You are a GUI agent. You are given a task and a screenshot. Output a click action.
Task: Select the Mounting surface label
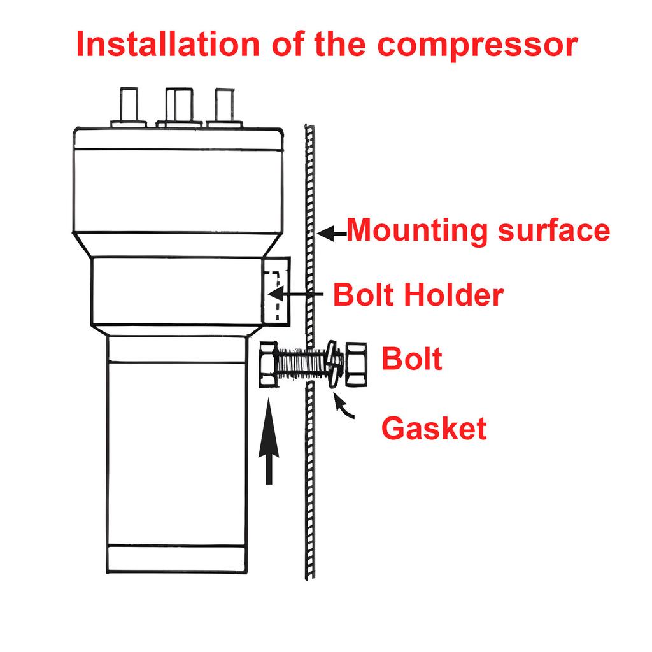tap(478, 230)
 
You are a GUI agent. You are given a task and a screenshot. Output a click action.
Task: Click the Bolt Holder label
tap(418, 295)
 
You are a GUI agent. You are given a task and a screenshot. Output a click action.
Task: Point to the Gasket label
tap(434, 429)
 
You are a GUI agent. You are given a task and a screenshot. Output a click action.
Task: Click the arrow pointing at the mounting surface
tap(331, 234)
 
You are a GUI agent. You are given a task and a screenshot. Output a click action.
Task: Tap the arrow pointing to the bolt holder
tap(295, 294)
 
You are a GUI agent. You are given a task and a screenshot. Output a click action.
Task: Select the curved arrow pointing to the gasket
tap(343, 406)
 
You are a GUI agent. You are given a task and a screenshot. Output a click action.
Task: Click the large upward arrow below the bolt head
tap(269, 442)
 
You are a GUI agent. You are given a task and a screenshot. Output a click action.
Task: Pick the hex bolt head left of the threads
tap(269, 365)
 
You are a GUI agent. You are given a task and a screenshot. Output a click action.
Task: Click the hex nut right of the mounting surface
tap(356, 365)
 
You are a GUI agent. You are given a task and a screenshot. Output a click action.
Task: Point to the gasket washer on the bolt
tap(332, 365)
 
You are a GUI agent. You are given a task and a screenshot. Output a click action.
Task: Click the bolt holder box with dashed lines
tap(276, 290)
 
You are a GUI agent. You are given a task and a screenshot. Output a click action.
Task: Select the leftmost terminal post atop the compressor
tap(129, 106)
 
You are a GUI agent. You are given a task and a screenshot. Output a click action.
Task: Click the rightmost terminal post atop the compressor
tap(225, 106)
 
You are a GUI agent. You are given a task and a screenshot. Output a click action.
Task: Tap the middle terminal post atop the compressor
tap(179, 106)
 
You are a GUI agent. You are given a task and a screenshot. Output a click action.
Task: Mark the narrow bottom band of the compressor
tap(177, 559)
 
